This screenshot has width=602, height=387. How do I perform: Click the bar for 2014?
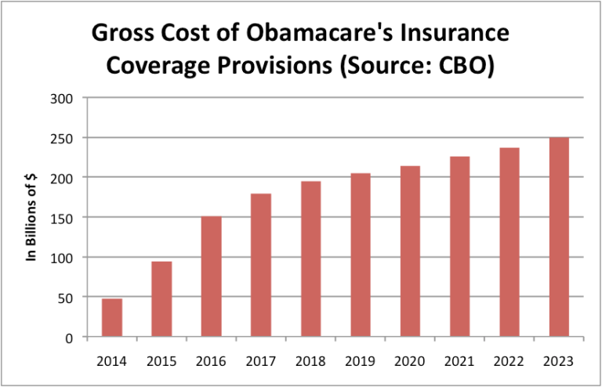coord(111,318)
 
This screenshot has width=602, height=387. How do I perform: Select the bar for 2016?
coord(211,277)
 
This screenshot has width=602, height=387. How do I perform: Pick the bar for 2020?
coord(410,251)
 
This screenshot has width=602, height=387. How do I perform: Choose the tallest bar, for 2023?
coord(559,237)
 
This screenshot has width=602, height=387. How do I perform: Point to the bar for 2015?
coord(161,299)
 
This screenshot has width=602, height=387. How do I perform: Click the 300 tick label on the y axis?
coord(61,99)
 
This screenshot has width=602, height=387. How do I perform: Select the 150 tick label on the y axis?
coord(61,218)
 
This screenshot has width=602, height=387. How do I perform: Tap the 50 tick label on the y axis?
coord(64,298)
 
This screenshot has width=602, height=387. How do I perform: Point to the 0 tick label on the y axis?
coord(68,338)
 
